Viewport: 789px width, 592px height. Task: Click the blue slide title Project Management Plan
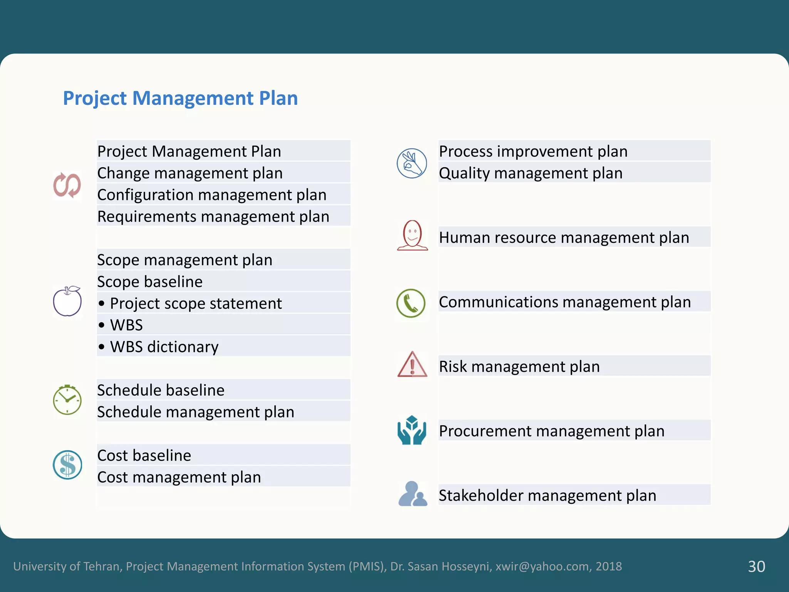point(180,98)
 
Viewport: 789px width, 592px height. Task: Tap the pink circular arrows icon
point(67,185)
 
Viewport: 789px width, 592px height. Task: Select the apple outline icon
point(67,301)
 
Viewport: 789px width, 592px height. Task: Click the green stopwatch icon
point(67,400)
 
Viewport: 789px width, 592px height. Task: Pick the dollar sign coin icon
point(67,465)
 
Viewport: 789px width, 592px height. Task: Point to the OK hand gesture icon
point(412,163)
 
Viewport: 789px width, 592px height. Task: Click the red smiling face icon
point(412,235)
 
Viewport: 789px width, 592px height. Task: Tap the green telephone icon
point(411,303)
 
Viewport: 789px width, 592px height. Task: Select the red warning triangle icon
point(412,365)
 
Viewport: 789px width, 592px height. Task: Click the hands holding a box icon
point(412,430)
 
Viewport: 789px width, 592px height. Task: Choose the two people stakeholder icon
point(412,494)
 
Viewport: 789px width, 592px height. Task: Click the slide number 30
point(756,566)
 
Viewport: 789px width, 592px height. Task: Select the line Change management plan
point(190,173)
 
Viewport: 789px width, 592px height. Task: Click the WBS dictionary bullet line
point(164,347)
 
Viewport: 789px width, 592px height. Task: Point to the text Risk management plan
point(519,367)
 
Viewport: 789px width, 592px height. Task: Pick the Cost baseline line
point(144,456)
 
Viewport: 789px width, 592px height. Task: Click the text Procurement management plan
point(552,431)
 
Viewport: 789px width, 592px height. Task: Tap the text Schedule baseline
point(161,390)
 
